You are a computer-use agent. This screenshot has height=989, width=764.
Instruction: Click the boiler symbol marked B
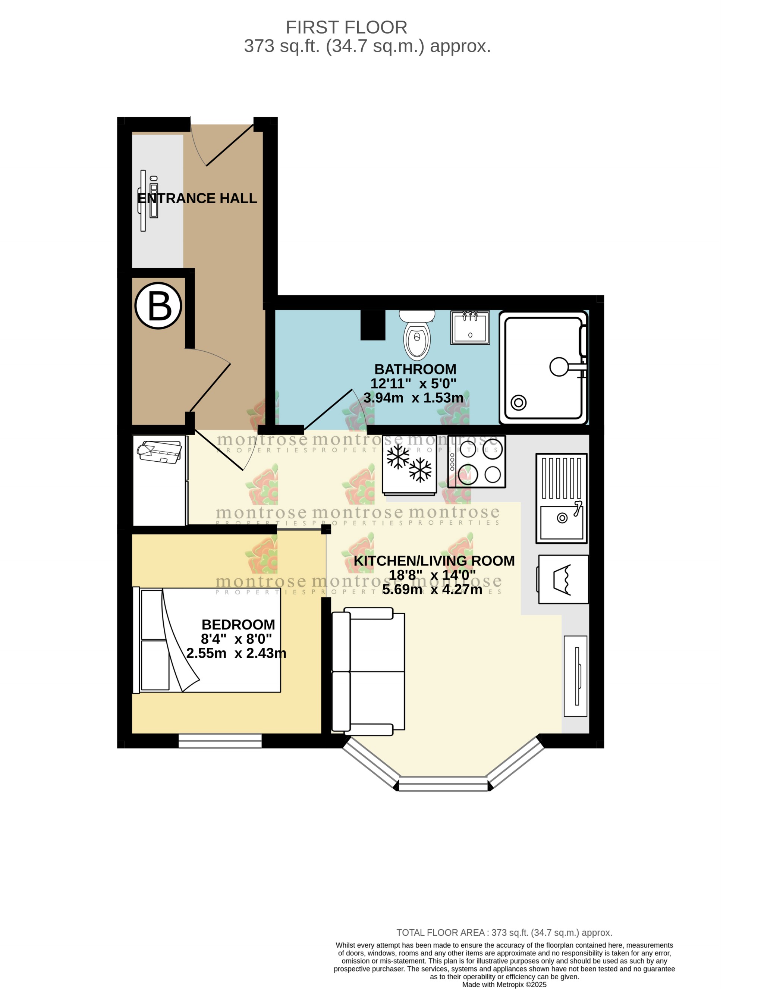click(x=158, y=306)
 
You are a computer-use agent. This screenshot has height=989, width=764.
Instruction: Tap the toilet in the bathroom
click(x=416, y=336)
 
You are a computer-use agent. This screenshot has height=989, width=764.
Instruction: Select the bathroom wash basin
click(x=470, y=327)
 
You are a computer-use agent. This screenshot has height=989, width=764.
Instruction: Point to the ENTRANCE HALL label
click(x=197, y=198)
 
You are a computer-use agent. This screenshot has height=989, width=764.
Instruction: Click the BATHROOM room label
click(x=415, y=369)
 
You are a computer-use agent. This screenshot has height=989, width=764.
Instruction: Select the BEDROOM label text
click(x=238, y=624)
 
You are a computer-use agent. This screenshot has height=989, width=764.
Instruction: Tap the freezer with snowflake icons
click(x=409, y=464)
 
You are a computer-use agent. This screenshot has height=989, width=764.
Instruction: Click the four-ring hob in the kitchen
click(x=477, y=461)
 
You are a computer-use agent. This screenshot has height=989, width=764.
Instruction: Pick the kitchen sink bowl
click(x=562, y=522)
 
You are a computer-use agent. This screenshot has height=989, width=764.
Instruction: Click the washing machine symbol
click(x=563, y=579)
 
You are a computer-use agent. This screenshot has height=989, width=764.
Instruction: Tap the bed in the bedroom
click(x=207, y=640)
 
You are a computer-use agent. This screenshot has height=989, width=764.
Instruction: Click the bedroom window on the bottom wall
click(x=220, y=741)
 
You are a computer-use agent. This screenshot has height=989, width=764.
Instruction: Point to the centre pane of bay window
click(x=443, y=784)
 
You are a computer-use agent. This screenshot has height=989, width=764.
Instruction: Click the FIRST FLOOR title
click(x=346, y=27)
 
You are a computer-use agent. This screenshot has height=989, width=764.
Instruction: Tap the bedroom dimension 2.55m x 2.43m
click(x=236, y=653)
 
